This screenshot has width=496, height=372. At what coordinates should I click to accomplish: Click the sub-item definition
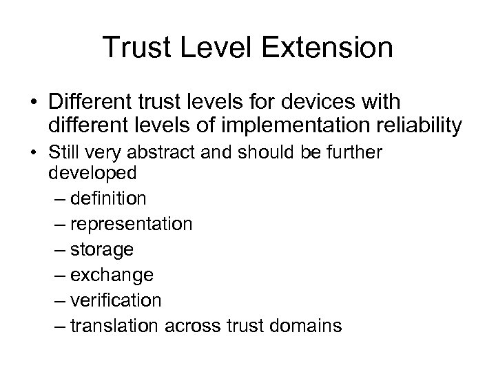pyautogui.click(x=109, y=198)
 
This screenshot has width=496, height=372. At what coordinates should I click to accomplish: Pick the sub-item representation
pyautogui.click(x=132, y=224)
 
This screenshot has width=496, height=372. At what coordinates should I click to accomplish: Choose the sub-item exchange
pyautogui.click(x=114, y=274)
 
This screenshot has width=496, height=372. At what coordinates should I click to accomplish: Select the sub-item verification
pyautogui.click(x=117, y=300)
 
